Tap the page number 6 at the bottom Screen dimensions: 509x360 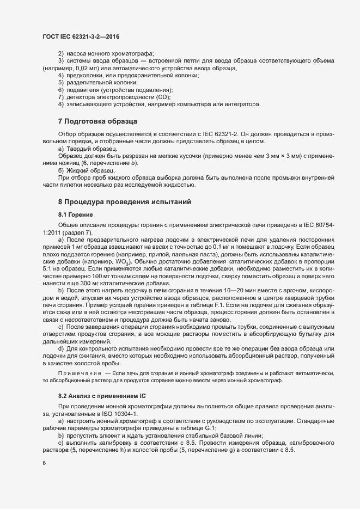44,463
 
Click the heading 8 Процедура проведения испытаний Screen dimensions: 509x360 124,203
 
